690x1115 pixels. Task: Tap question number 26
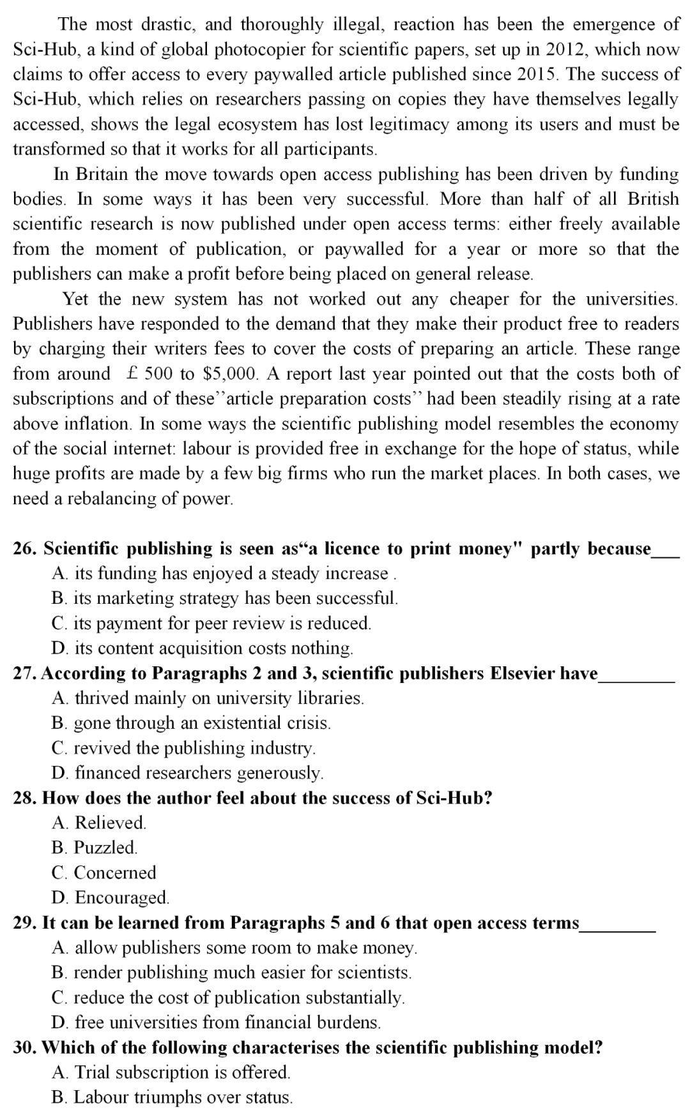(x=25, y=549)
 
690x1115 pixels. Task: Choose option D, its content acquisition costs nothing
(x=202, y=648)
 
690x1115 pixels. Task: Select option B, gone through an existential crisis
(x=191, y=723)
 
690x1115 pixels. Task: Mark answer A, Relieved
(x=99, y=823)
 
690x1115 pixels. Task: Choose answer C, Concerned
(x=103, y=872)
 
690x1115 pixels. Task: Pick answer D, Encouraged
(x=111, y=897)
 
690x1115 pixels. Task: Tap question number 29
(x=25, y=923)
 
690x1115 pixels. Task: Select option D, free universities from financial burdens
(x=216, y=1022)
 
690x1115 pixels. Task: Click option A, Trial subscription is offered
(x=171, y=1072)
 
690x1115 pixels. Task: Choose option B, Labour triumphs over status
(x=172, y=1097)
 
